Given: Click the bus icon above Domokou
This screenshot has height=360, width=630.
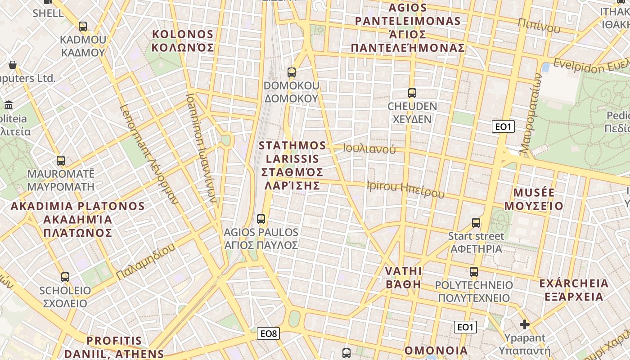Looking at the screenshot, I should pos(292,72).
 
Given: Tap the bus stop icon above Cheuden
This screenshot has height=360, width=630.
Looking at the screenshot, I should pos(412,93).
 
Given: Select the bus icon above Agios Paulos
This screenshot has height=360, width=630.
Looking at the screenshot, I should pos(261,219).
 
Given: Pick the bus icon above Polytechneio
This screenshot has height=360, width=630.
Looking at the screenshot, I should pos(474,271).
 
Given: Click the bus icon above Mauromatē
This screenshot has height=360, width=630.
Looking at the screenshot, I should pos(61,160).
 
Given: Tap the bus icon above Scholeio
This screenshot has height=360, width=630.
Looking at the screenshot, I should pos(65,277).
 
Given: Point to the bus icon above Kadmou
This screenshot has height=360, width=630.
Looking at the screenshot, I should pos(83,26).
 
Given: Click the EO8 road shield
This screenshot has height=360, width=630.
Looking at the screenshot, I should pos(269,333).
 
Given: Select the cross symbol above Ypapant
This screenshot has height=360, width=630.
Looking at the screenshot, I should pos(524,324).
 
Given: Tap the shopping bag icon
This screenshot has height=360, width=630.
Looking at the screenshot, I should pos(13,65).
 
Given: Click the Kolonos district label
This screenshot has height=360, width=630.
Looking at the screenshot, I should pos(183,41).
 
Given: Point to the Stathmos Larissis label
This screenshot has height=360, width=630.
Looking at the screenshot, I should pos(292,165).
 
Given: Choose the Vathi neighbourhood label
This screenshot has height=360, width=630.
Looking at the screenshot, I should pos(404,278).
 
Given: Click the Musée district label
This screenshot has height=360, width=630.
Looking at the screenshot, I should pos(534,199).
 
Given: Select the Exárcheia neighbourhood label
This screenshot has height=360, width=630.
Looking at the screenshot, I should pos(574,290).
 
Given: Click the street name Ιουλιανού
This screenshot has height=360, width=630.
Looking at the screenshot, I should pos(369,148).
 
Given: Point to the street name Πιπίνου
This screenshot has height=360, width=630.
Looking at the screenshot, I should pos(539,26).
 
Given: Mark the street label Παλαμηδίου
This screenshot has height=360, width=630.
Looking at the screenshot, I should pos(145,261).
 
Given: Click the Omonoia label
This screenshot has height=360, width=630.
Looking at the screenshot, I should pos(436,351).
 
